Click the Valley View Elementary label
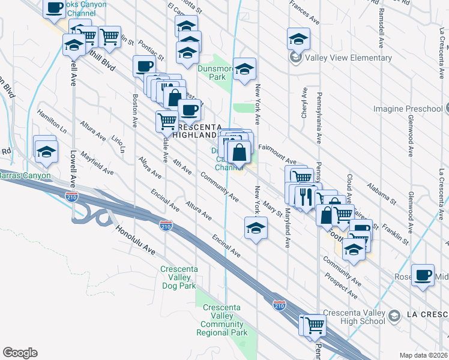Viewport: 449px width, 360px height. pyautogui.click(x=348, y=58)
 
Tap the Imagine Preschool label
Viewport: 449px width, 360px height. pyautogui.click(x=408, y=109)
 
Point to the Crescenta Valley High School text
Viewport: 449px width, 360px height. pyautogui.click(x=354, y=316)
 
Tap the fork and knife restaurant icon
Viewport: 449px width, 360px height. pyautogui.click(x=307, y=197)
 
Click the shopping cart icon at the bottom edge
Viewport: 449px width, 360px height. pyautogui.click(x=315, y=325)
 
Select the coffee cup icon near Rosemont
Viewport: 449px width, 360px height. pyautogui.click(x=423, y=274)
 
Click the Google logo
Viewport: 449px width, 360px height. pyautogui.click(x=20, y=353)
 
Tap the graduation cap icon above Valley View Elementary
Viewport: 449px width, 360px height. pyautogui.click(x=298, y=38)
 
